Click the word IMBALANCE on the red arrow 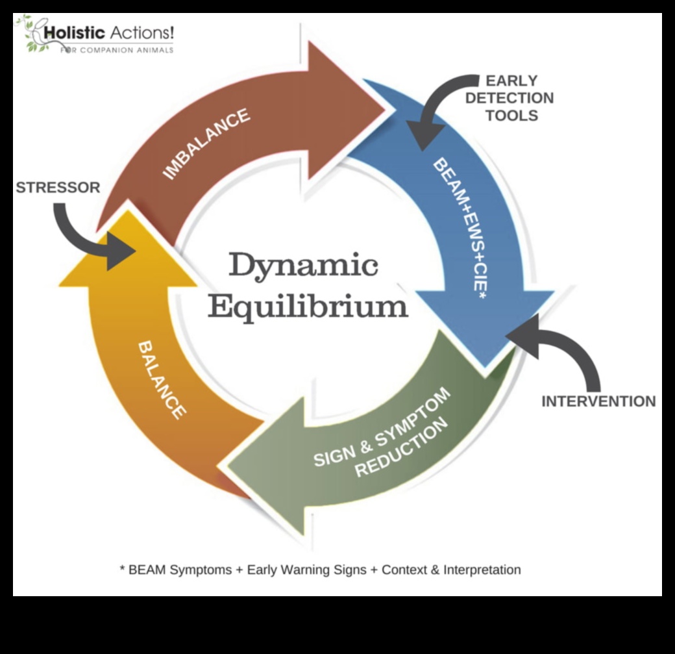(x=206, y=144)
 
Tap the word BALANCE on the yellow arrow (x=162, y=379)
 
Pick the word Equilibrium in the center (x=308, y=305)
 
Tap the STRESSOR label (x=58, y=188)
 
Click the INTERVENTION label (x=598, y=401)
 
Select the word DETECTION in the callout (x=509, y=98)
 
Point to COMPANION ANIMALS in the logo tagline (x=127, y=50)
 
